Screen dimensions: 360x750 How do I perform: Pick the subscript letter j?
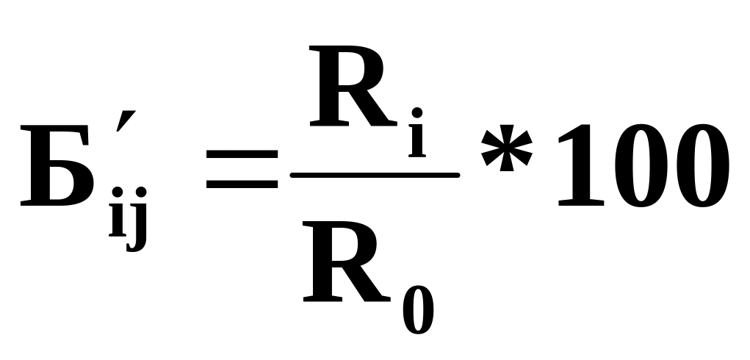coord(137,220)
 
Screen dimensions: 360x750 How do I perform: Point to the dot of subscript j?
coord(140,193)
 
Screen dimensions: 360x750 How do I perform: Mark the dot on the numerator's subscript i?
coord(417,113)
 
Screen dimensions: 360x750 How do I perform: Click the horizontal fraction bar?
coord(375,176)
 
